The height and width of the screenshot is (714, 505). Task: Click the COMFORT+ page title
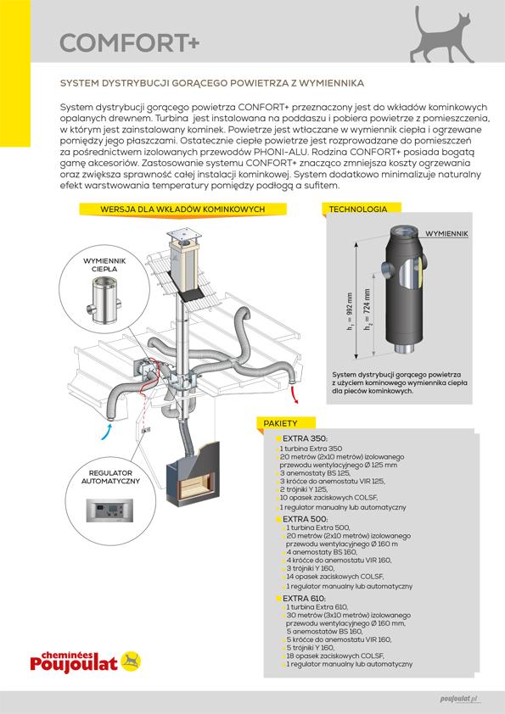point(130,43)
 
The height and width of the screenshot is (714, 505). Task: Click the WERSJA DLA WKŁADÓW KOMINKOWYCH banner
point(182,209)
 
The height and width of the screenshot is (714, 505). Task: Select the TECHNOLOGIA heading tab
point(358,209)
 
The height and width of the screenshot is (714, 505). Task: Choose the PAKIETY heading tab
point(281,423)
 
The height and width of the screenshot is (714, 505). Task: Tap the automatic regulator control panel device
point(109,510)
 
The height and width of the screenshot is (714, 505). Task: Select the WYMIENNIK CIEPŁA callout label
point(104,265)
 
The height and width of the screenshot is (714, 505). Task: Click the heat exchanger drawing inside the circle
point(104,303)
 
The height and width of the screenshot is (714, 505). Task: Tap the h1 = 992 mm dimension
point(350,311)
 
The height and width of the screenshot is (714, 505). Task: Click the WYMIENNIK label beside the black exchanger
point(446,233)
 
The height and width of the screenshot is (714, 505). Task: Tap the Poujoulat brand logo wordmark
point(74,662)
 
